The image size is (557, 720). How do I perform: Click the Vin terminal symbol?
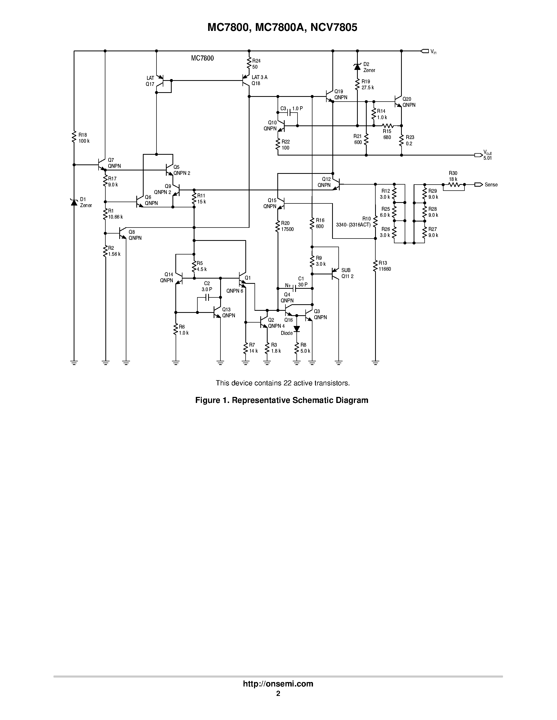point(424,51)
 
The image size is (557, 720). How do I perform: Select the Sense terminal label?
point(491,185)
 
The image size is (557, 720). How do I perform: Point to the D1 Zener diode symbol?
point(74,202)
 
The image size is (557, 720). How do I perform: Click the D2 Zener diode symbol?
point(357,67)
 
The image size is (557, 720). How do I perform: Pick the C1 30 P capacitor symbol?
point(295,289)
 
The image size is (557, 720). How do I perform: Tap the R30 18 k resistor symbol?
point(453,185)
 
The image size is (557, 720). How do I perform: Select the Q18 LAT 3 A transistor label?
point(259,80)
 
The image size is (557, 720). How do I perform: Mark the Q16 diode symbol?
point(297,329)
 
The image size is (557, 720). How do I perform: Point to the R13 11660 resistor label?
point(385,266)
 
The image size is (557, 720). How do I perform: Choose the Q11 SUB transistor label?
point(347,273)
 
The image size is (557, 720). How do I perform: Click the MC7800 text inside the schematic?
point(202,58)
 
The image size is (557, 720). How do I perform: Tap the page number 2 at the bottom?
point(278,693)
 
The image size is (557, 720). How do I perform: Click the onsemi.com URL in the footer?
point(278,684)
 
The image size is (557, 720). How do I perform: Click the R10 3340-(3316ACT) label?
point(353,222)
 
